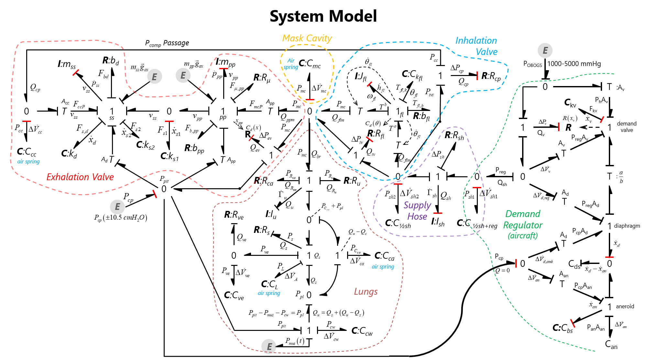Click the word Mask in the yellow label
[292, 38]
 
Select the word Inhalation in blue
[476, 40]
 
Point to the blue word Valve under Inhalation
[487, 52]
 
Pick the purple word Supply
[417, 205]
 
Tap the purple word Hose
[417, 216]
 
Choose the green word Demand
[522, 214]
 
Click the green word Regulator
[522, 225]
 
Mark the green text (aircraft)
[522, 235]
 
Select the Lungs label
[366, 292]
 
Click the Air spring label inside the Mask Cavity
[291, 64]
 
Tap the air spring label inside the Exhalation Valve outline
[28, 161]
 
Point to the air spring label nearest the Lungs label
[383, 267]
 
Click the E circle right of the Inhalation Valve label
[545, 50]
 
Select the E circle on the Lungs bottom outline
[269, 346]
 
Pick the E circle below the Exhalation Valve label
[117, 207]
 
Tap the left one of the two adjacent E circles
[154, 77]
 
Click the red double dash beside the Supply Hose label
[438, 213]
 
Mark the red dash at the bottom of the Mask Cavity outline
[310, 100]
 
